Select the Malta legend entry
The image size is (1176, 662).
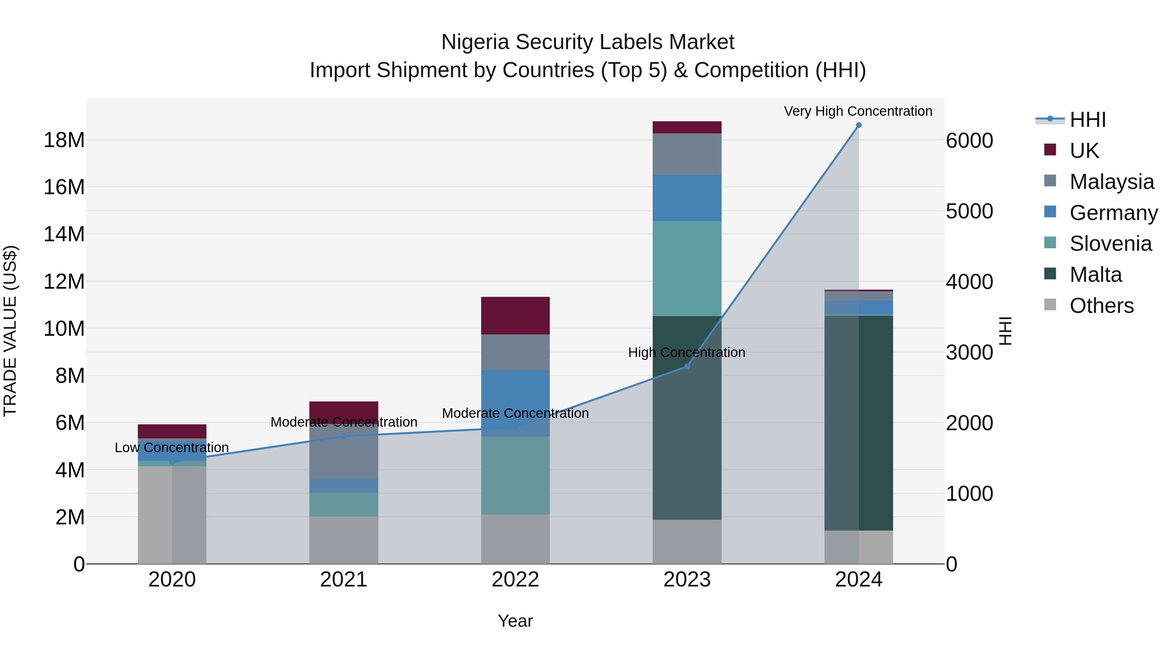click(1095, 275)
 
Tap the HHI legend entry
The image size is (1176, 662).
click(1087, 120)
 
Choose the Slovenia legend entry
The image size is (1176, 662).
click(1110, 244)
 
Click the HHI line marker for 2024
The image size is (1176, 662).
click(858, 125)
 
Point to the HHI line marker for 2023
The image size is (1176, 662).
click(687, 366)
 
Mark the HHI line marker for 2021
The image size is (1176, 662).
click(344, 436)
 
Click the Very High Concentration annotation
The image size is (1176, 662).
click(858, 111)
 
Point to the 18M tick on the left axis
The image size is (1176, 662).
click(64, 140)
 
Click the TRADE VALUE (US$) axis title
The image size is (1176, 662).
click(10, 331)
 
